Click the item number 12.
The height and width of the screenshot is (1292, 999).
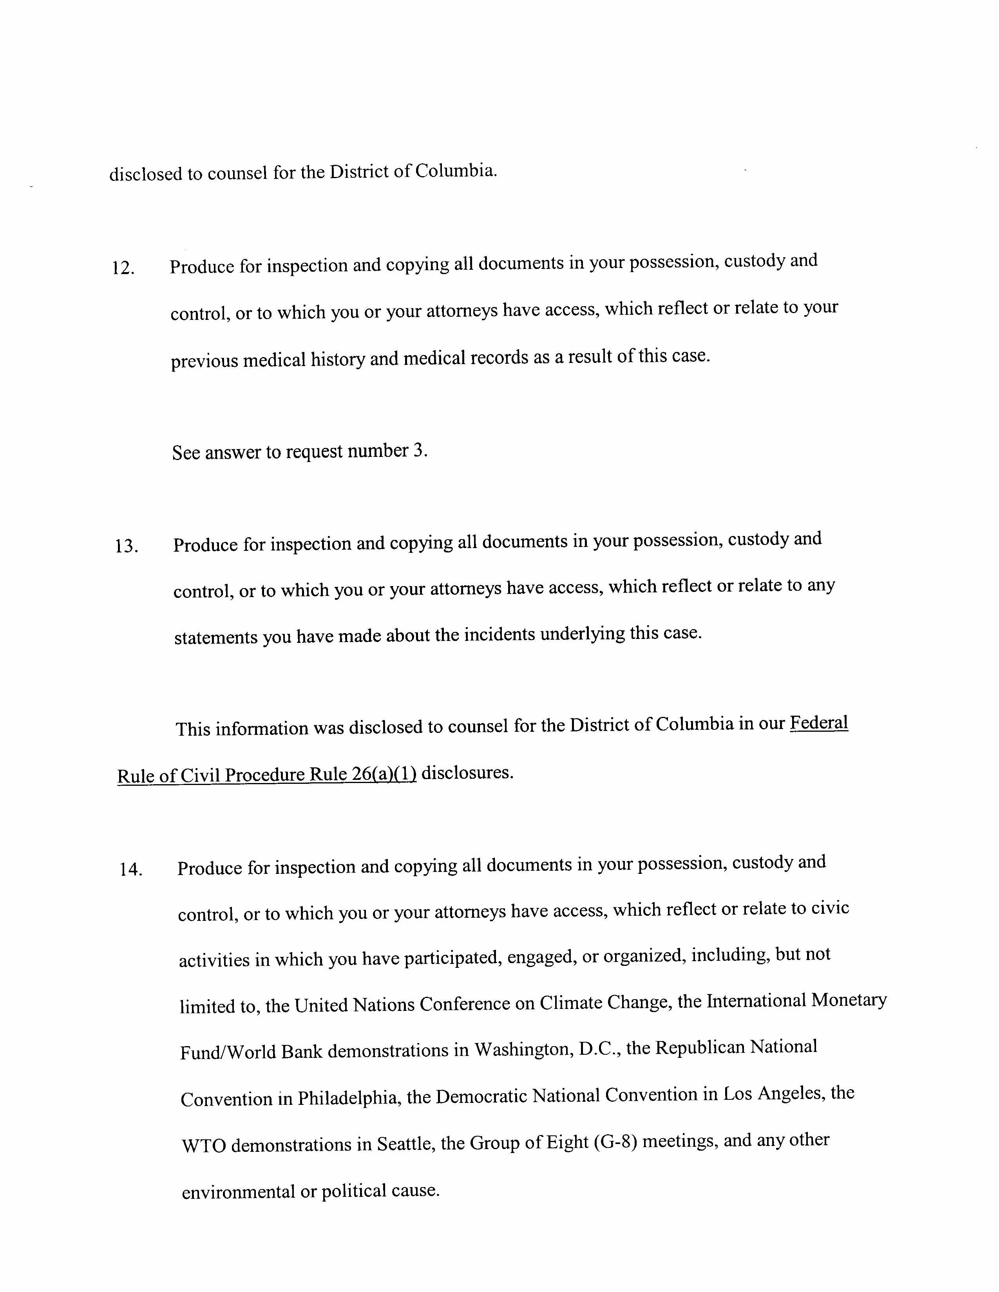click(x=123, y=269)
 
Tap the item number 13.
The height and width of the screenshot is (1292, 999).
click(x=126, y=546)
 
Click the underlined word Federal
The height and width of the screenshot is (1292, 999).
click(x=819, y=723)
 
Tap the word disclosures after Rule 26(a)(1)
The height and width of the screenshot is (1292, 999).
click(x=466, y=772)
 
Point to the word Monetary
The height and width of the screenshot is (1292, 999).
click(x=849, y=1000)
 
